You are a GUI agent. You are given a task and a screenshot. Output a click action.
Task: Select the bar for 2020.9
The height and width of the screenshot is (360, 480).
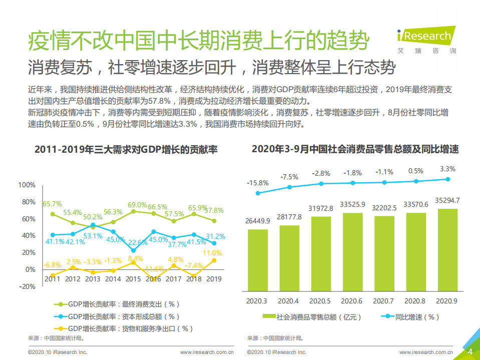pyautogui.click(x=447, y=250)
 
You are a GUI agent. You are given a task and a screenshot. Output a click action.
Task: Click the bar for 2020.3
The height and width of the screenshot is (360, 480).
pyautogui.click(x=258, y=260)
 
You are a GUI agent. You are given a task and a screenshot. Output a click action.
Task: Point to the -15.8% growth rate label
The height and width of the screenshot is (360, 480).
pyautogui.click(x=258, y=183)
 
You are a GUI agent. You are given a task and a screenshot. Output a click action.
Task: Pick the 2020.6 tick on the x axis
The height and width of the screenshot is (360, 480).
pyautogui.click(x=352, y=301)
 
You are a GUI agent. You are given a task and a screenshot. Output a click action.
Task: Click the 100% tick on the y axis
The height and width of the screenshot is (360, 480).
pyautogui.click(x=27, y=185)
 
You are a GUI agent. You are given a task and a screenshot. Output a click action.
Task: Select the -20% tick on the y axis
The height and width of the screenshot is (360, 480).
pyautogui.click(x=27, y=286)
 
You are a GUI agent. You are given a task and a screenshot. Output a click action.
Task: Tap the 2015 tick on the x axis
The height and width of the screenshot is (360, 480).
pyautogui.click(x=133, y=279)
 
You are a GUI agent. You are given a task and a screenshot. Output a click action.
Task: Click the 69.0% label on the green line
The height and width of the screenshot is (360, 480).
pyautogui.click(x=137, y=205)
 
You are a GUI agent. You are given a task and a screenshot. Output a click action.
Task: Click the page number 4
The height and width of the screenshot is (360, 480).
pyautogui.click(x=470, y=351)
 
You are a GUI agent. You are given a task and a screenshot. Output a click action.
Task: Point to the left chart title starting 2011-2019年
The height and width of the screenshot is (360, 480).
pyautogui.click(x=126, y=149)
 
